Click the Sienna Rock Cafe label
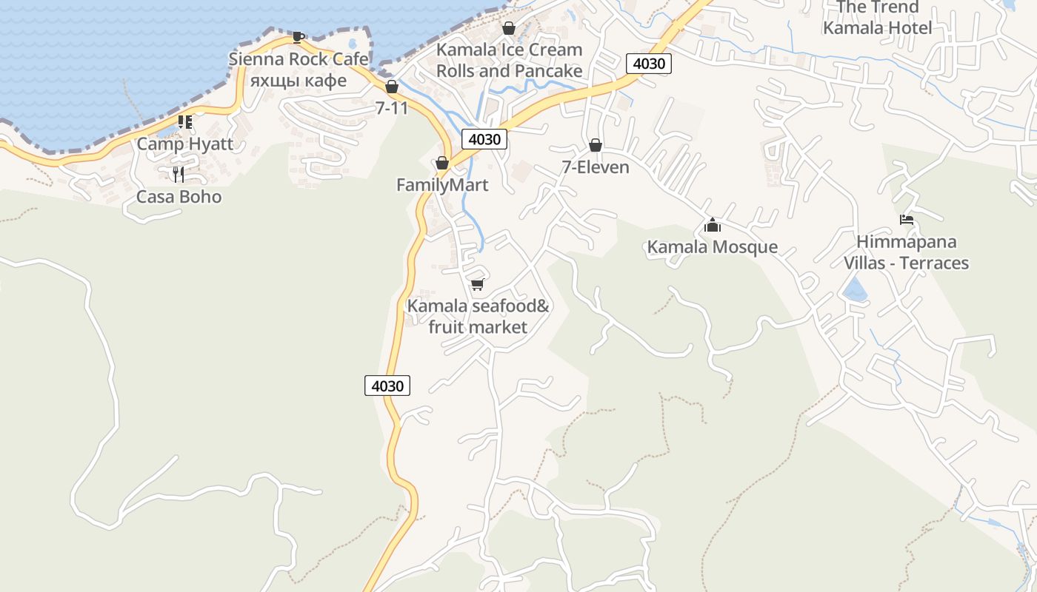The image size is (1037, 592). (298, 59)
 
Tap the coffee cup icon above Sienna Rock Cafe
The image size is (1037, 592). (298, 37)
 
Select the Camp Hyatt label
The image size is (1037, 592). (184, 144)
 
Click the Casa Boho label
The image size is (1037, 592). (179, 197)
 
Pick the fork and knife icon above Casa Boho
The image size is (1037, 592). (179, 175)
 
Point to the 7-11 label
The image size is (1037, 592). (392, 108)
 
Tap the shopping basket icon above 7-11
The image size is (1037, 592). (392, 87)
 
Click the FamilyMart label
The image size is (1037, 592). (442, 185)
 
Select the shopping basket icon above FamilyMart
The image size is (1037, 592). (442, 163)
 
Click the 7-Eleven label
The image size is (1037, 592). (596, 167)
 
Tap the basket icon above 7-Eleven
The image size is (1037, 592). (596, 145)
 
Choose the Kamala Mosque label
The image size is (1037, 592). (713, 247)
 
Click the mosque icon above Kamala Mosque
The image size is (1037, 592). (713, 225)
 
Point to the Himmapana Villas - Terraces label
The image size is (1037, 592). (907, 252)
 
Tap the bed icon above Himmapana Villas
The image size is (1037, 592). (907, 220)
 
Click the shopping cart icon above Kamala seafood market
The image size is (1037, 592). (478, 284)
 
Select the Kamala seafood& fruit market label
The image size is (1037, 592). (478, 316)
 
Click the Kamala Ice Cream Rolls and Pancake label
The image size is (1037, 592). (509, 60)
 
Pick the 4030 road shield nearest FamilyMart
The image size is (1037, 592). (484, 138)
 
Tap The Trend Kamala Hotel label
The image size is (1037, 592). (878, 18)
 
